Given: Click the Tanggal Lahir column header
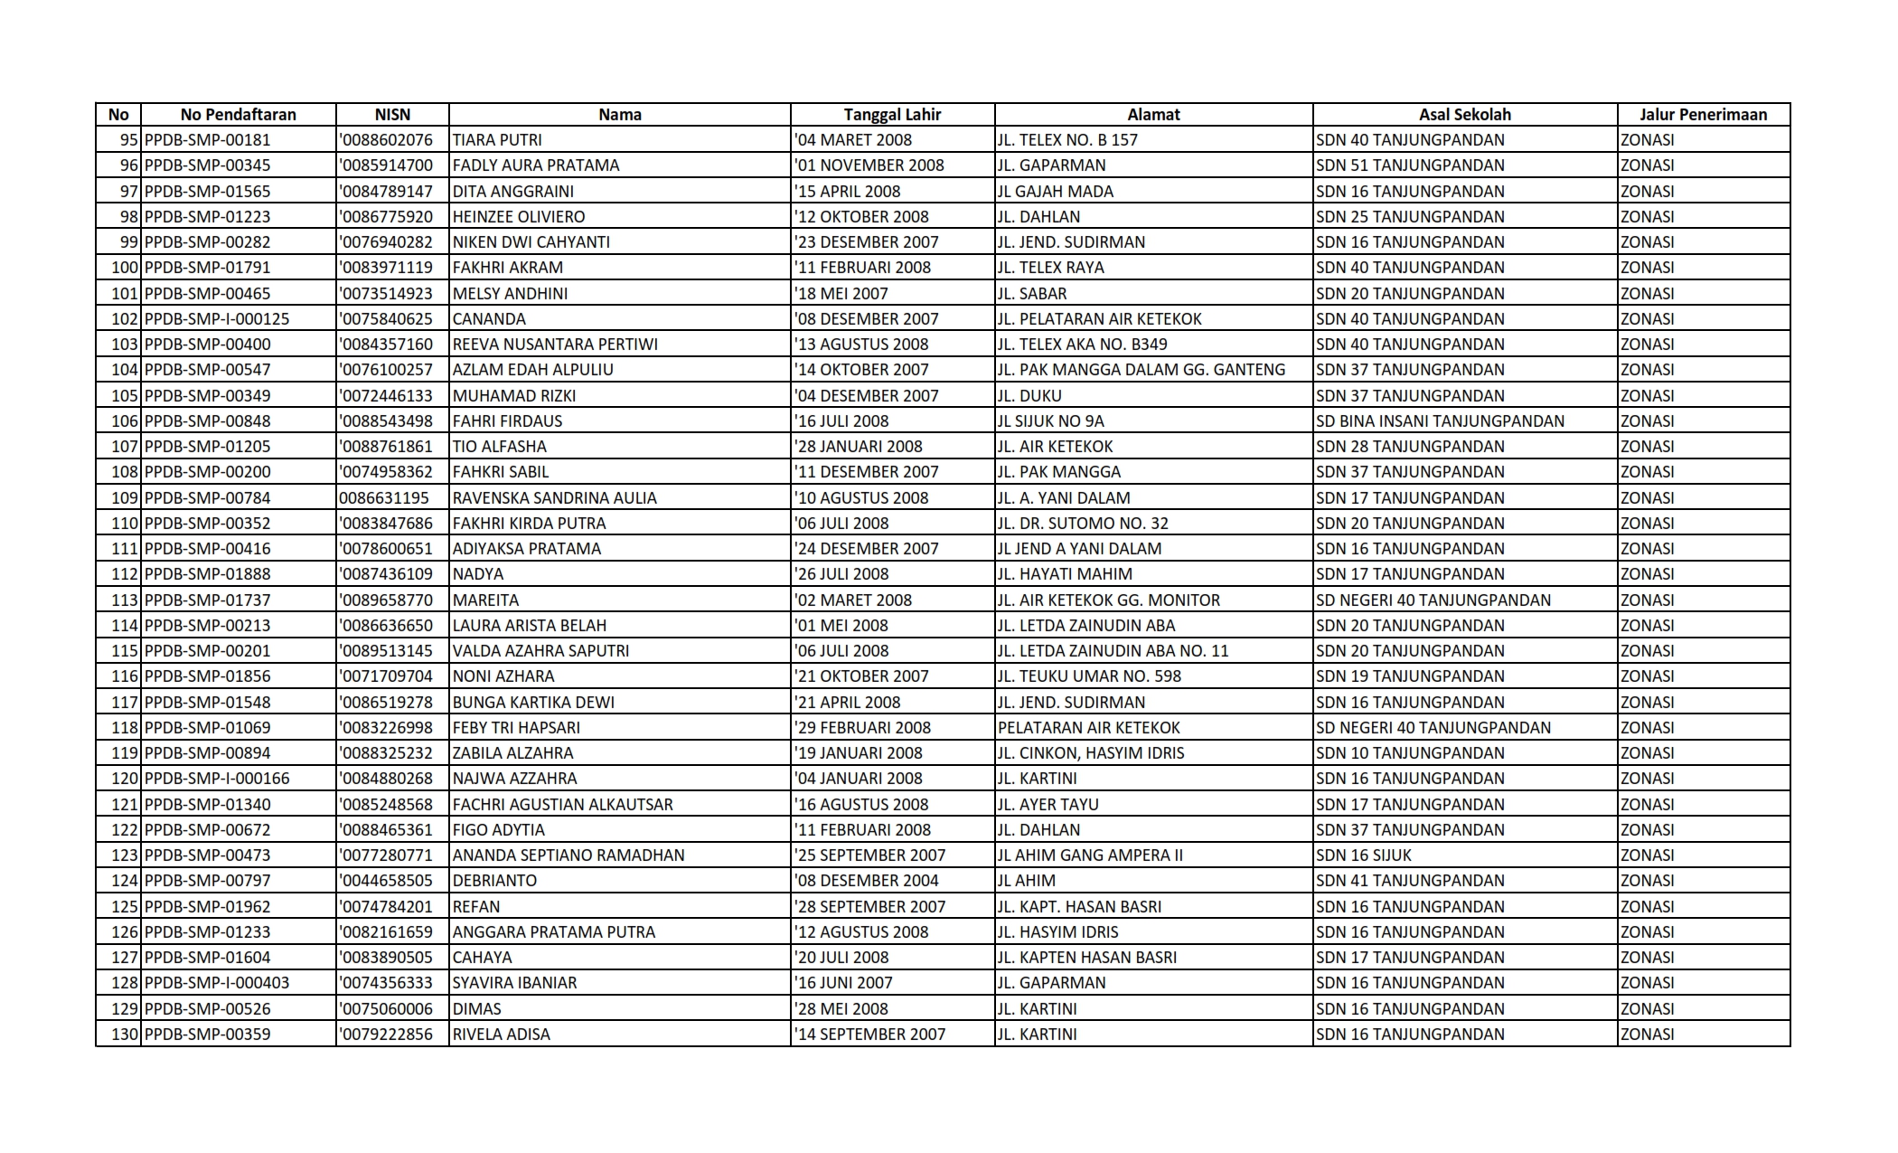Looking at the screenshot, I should (x=891, y=115).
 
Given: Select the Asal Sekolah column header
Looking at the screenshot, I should (x=1464, y=115).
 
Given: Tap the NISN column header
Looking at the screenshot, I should (x=392, y=115).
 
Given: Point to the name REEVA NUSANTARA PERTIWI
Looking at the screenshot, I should (x=555, y=345).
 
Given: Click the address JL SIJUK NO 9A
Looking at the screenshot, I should (x=1050, y=421).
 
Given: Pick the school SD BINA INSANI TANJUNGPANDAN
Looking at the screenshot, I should (x=1440, y=421).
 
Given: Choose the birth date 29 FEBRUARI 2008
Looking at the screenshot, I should (x=863, y=728).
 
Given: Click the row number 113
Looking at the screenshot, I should (x=125, y=600).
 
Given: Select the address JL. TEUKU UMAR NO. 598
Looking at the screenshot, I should (x=1089, y=676).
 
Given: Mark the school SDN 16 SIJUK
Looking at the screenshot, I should (x=1364, y=855).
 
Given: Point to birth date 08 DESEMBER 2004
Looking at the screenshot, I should (x=867, y=881).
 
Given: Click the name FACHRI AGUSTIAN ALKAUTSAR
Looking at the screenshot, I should (x=562, y=805).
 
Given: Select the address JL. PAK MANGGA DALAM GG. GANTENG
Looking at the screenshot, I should (x=1141, y=370).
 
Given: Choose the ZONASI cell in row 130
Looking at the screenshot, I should (x=1647, y=1035).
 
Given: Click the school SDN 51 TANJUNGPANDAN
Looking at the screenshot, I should (x=1410, y=165).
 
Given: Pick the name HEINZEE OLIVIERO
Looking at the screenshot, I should (x=519, y=217).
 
